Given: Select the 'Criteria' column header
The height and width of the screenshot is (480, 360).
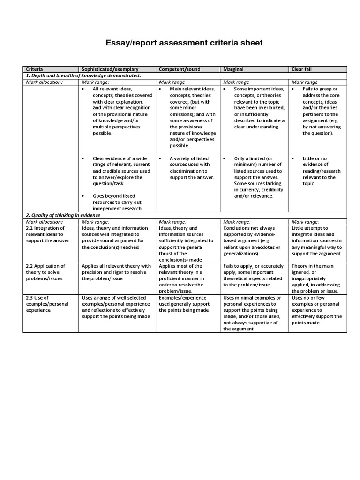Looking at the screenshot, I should [x=34, y=69].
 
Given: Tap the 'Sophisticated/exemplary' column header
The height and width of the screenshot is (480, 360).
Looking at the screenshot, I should [x=110, y=69].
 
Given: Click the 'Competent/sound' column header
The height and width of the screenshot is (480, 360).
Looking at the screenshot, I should [x=180, y=69].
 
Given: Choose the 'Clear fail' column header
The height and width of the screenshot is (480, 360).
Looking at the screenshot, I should [x=301, y=69].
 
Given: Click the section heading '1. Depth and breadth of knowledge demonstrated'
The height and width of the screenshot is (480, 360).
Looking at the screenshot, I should [x=83, y=75].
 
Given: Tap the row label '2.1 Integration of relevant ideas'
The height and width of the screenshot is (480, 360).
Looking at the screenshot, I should [x=47, y=234].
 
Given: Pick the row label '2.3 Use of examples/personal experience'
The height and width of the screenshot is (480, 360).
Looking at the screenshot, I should [x=47, y=304].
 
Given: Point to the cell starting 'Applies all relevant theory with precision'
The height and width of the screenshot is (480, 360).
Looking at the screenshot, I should [x=116, y=272].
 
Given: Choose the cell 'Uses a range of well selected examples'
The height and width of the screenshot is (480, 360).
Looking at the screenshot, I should [x=116, y=307].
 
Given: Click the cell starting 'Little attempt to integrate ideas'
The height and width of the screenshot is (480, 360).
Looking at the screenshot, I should [x=316, y=241].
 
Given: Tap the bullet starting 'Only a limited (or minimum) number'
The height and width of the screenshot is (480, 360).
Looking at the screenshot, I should [x=258, y=177].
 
